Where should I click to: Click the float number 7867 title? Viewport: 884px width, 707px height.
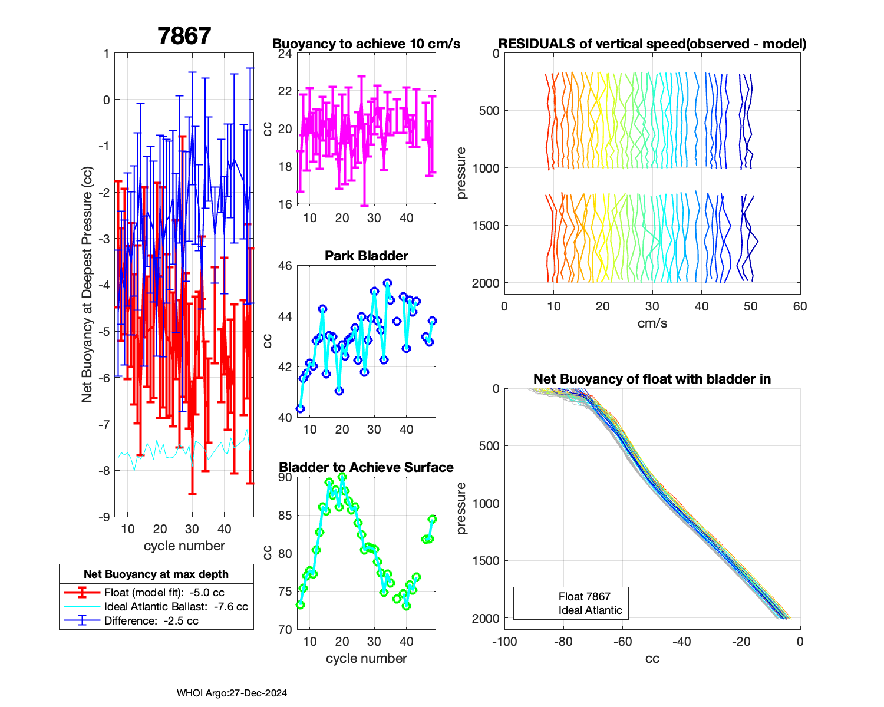(184, 37)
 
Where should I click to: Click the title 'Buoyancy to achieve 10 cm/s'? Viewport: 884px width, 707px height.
(366, 44)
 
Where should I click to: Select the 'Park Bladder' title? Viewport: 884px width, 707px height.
(366, 256)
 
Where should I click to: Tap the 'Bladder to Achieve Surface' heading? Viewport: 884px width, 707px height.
(366, 467)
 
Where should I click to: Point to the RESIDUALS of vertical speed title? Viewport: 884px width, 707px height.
(652, 44)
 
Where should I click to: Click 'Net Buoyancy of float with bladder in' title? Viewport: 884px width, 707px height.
(652, 379)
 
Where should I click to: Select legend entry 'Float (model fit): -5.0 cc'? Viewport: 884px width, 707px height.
(164, 593)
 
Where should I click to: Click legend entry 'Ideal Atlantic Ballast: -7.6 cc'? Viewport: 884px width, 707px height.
(176, 607)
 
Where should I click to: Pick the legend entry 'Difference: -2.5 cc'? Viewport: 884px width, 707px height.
(151, 620)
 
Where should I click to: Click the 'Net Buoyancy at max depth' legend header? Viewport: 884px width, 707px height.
(156, 574)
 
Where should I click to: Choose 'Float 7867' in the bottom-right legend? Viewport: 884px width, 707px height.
(584, 597)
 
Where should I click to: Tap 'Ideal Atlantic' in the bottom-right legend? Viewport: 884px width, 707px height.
(590, 610)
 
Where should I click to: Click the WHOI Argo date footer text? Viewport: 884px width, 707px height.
(232, 693)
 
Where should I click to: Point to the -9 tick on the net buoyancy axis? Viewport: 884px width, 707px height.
(104, 517)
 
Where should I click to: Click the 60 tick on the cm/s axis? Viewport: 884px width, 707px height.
(800, 306)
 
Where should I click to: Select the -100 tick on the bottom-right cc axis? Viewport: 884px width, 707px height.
(504, 642)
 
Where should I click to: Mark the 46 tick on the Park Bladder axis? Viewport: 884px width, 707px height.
(285, 266)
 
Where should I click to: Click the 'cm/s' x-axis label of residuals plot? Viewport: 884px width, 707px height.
(652, 323)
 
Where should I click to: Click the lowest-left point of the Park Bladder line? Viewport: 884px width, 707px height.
(300, 408)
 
